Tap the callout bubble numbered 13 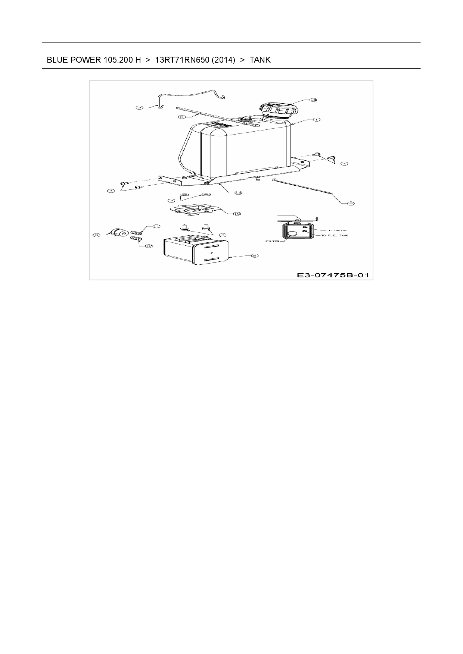click(313, 100)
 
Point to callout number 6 click(182, 117)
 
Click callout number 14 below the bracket click(238, 192)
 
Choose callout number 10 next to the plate click(237, 214)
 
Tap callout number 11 click(156, 226)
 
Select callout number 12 click(149, 246)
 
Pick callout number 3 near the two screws click(223, 235)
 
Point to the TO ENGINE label click(337, 230)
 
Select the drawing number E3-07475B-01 click(333, 275)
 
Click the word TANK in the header click(260, 60)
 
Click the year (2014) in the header click(223, 60)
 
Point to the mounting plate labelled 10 click(194, 209)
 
